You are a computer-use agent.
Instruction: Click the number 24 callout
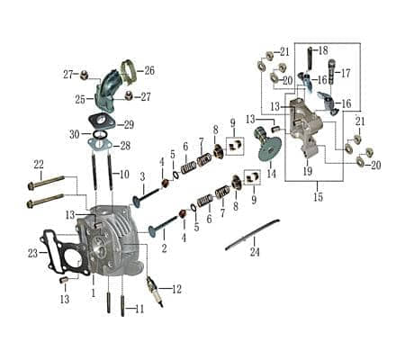256,253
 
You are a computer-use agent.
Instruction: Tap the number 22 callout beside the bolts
39,164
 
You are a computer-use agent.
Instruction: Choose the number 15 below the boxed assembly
318,196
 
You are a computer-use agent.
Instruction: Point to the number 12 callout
176,289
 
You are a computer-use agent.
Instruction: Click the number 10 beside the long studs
124,174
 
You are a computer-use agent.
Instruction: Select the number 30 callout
74,134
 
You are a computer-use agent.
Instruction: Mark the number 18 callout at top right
322,49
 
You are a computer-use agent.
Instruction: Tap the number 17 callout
345,73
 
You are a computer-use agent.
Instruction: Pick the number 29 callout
129,124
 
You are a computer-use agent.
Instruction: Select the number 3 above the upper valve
141,176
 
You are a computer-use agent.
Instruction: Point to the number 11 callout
139,310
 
